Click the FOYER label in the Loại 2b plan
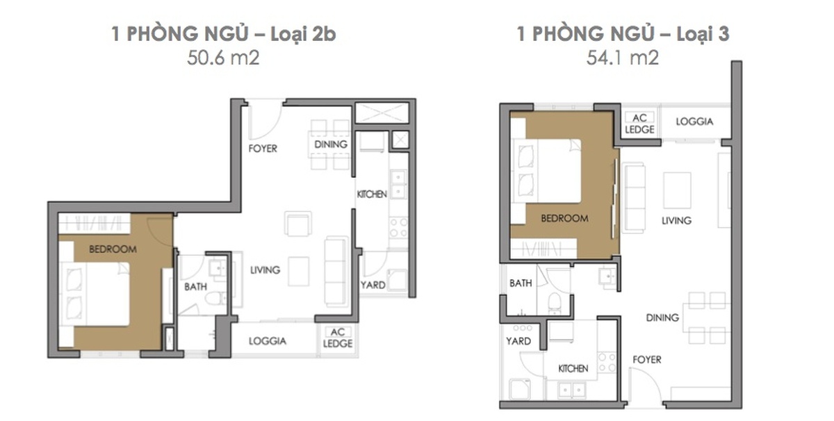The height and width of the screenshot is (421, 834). pyautogui.click(x=263, y=149)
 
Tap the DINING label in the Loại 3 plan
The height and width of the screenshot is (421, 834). pyautogui.click(x=662, y=317)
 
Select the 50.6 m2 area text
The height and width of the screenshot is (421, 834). pyautogui.click(x=223, y=58)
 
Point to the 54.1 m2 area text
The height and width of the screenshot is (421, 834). pyautogui.click(x=623, y=58)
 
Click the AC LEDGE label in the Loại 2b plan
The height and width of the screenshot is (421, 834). pyautogui.click(x=338, y=338)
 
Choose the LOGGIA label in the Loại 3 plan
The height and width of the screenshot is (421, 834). pyautogui.click(x=694, y=122)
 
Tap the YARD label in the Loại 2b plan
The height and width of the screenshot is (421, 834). pyautogui.click(x=373, y=285)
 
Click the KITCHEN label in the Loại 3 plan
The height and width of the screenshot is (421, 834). pyautogui.click(x=573, y=368)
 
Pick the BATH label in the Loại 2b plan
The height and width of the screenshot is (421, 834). pyautogui.click(x=195, y=287)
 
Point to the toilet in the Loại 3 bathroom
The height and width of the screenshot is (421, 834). pyautogui.click(x=555, y=303)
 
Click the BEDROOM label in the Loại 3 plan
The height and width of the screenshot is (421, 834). pyautogui.click(x=564, y=218)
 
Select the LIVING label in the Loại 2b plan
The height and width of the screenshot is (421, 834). pyautogui.click(x=265, y=270)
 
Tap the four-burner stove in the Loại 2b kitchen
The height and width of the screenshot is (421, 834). pyautogui.click(x=398, y=228)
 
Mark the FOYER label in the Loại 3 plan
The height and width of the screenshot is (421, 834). pyautogui.click(x=647, y=360)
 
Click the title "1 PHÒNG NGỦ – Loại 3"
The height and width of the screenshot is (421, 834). pyautogui.click(x=623, y=34)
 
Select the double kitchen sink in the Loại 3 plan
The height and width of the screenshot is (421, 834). pyautogui.click(x=571, y=390)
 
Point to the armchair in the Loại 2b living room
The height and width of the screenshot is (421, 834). pyautogui.click(x=298, y=224)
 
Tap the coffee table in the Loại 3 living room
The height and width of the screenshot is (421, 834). pyautogui.click(x=677, y=190)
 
